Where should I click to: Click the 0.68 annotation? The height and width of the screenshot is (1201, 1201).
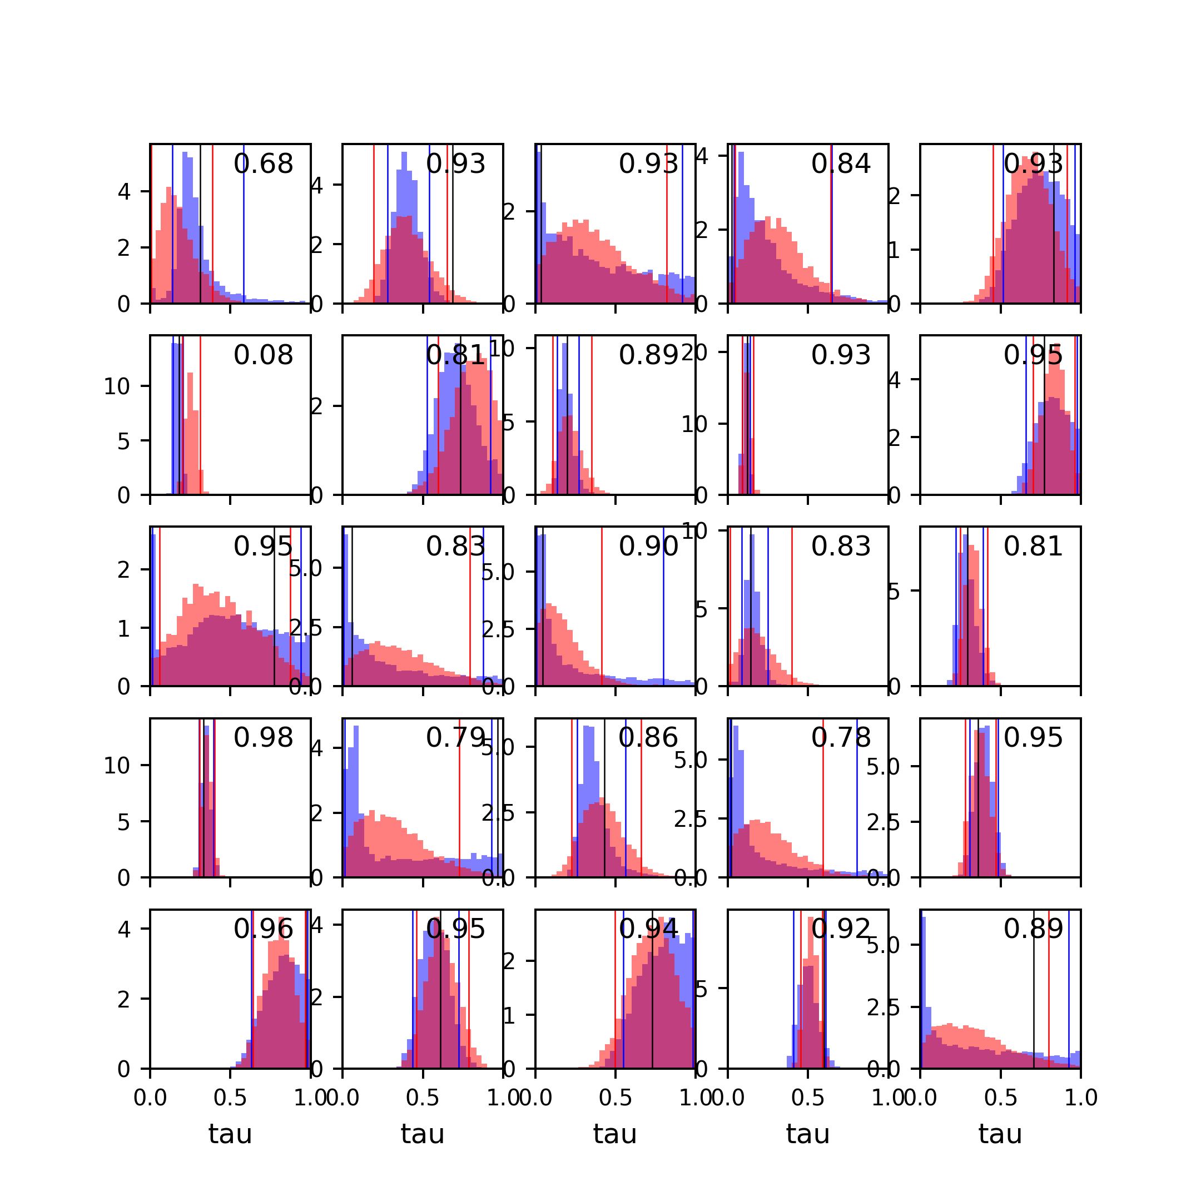point(263,164)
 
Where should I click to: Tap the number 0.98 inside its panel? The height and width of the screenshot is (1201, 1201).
point(263,738)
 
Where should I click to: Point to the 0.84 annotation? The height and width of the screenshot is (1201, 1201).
point(841,164)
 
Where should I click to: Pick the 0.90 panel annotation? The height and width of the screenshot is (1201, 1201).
point(648,547)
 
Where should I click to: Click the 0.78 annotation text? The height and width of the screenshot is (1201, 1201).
point(841,738)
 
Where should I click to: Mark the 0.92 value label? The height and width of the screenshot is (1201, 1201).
point(841,929)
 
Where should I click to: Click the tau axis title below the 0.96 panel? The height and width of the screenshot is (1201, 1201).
point(230,1134)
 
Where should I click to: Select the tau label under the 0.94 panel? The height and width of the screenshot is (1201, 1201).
point(615,1134)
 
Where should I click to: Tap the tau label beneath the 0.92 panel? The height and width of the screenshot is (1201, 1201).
point(807,1134)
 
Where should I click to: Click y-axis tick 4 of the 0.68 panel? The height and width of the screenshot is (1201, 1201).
point(125,191)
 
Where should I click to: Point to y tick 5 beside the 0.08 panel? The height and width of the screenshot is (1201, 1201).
point(125,441)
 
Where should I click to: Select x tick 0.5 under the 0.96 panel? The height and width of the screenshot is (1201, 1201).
point(230,1098)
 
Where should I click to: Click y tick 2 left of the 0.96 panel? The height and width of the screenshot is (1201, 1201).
point(125,1000)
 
